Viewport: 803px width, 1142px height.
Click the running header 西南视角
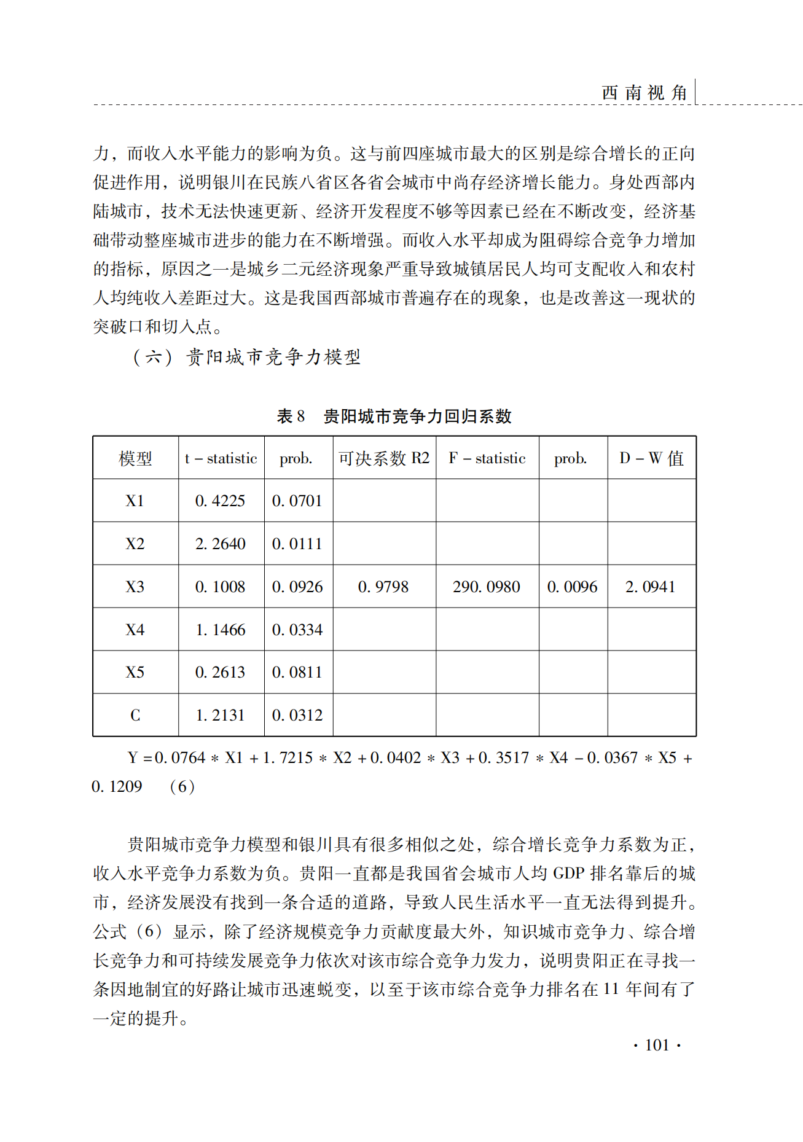pyautogui.click(x=644, y=93)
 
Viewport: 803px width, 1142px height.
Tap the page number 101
pyautogui.click(x=657, y=1045)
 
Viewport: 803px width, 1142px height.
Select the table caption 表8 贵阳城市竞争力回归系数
pyautogui.click(x=394, y=417)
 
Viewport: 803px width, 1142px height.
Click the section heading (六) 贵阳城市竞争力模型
pyautogui.click(x=247, y=357)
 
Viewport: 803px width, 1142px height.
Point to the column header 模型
pyautogui.click(x=135, y=458)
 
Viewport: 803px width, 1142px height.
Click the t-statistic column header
pyautogui.click(x=221, y=458)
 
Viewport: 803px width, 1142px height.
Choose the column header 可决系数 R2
pyautogui.click(x=384, y=458)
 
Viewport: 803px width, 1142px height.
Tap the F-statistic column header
pyautogui.click(x=487, y=458)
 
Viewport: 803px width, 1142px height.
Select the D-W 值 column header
pyautogui.click(x=651, y=458)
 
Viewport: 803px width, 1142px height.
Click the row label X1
pyautogui.click(x=135, y=501)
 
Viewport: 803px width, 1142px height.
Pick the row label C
pyautogui.click(x=135, y=715)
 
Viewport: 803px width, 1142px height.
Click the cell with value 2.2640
pyautogui.click(x=221, y=544)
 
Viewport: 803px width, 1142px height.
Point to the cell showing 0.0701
pyautogui.click(x=297, y=501)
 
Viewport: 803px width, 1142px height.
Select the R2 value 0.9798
pyautogui.click(x=383, y=587)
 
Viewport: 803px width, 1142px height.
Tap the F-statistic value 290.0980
pyautogui.click(x=487, y=587)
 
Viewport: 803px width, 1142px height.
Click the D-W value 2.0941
pyautogui.click(x=650, y=587)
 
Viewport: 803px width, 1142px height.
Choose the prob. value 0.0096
pyautogui.click(x=573, y=587)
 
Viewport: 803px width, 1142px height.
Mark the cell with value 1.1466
pyautogui.click(x=221, y=630)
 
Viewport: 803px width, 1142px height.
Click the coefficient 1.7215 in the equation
pyautogui.click(x=288, y=758)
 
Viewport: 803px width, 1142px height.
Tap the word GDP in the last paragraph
pyautogui.click(x=569, y=874)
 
